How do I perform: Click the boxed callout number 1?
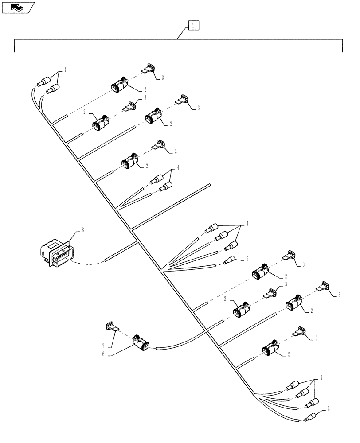tap(193, 25)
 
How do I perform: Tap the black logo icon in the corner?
tap(17, 7)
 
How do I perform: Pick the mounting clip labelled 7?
tap(111, 327)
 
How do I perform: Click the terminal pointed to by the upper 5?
tap(230, 261)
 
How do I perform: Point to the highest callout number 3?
tap(162, 78)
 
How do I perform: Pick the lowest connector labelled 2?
tap(271, 350)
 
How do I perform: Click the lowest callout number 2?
tap(288, 355)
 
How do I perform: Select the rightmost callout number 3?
tap(339, 294)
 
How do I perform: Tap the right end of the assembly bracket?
tap(342, 47)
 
